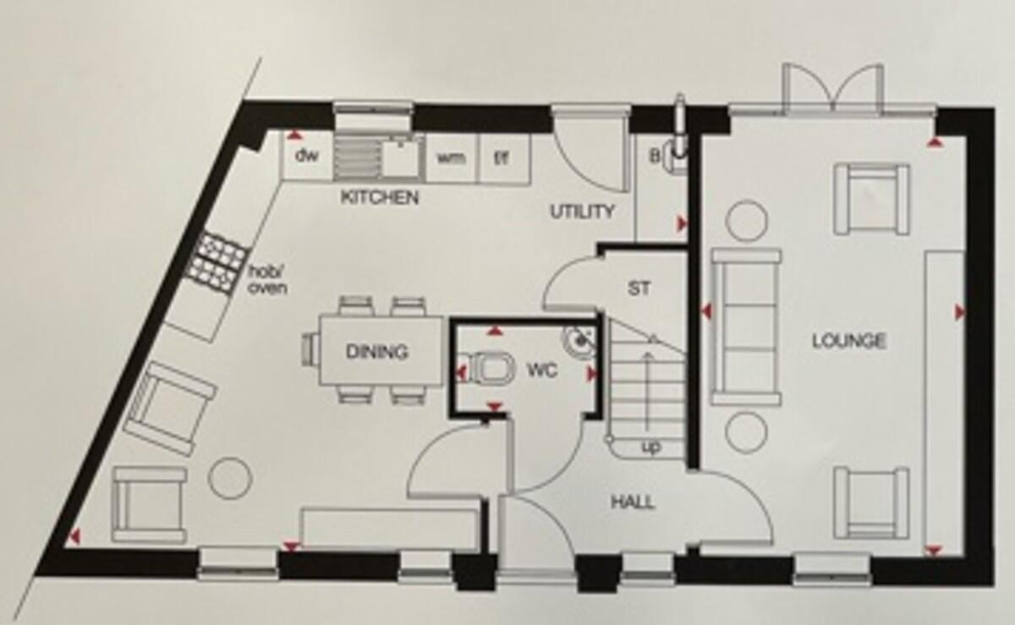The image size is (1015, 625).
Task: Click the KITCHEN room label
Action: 380,198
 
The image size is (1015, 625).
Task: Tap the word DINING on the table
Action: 377,352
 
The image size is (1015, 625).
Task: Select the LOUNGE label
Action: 848,341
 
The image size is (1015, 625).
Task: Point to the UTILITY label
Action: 582,211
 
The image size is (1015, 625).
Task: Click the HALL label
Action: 633,502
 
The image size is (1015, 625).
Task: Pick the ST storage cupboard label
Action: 639,288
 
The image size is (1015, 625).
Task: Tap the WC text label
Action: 542,371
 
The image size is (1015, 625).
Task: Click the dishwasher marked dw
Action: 307,156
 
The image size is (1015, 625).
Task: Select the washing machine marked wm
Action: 452,158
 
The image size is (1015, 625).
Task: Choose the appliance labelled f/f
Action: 504,158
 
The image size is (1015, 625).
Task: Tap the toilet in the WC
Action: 491,369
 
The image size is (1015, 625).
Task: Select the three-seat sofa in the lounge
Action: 746,326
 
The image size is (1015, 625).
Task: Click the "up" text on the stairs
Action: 651,447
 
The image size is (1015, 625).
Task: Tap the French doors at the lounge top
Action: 833,88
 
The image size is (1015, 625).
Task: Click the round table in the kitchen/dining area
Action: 230,479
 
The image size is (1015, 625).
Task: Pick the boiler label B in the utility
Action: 655,156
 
